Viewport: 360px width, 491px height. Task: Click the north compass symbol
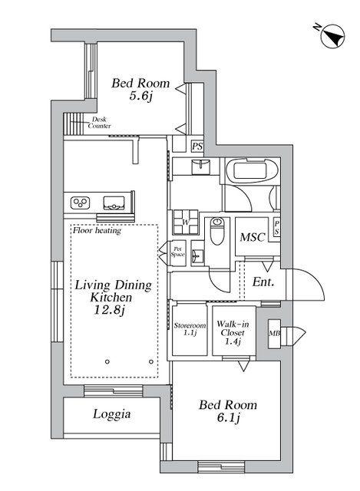click(332, 36)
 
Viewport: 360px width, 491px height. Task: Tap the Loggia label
click(111, 414)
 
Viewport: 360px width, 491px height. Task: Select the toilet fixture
click(216, 231)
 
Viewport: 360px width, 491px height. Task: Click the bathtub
click(250, 171)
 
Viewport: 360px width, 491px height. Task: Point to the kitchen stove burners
click(80, 203)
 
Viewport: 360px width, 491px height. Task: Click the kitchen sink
click(114, 203)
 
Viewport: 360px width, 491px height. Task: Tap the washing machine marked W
click(186, 222)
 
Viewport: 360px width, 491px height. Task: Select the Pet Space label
click(177, 252)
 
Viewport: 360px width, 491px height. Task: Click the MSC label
click(253, 237)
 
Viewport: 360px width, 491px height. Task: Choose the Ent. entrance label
click(263, 282)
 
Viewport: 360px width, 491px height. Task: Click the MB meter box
click(274, 334)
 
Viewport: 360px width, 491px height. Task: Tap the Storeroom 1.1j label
click(190, 329)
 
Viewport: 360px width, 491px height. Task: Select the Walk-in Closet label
click(233, 332)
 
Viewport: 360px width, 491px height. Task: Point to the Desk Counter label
click(99, 123)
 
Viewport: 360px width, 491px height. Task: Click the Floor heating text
click(97, 231)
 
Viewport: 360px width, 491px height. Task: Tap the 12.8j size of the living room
click(109, 310)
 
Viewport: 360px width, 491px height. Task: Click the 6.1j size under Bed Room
click(228, 417)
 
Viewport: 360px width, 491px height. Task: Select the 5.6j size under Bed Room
click(140, 96)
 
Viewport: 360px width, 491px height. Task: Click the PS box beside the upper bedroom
click(197, 147)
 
